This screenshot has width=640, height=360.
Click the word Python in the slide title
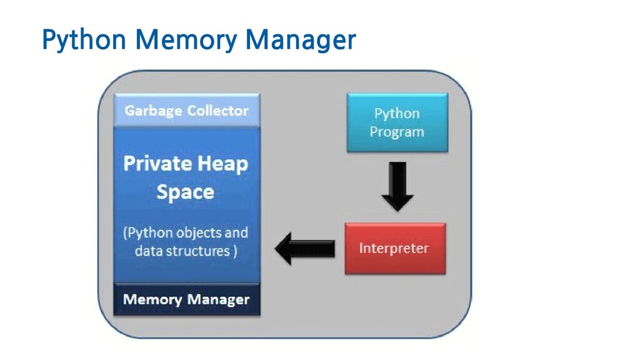[84, 40]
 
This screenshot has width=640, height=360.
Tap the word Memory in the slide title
[186, 40]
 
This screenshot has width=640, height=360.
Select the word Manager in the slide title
[301, 41]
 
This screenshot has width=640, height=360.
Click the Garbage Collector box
[186, 110]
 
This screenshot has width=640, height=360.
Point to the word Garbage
[154, 111]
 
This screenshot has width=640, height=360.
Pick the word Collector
[218, 111]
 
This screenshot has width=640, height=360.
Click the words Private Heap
[186, 164]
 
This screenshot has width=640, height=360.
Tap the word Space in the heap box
[185, 192]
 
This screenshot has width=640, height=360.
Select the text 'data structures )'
[186, 251]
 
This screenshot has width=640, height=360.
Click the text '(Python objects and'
[186, 232]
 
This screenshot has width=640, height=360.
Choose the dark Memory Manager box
[186, 299]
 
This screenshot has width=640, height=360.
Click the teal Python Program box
[397, 122]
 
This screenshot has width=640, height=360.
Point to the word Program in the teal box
[397, 132]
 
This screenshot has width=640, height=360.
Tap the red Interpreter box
[395, 248]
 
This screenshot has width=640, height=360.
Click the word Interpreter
[394, 248]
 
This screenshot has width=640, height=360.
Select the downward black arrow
[397, 186]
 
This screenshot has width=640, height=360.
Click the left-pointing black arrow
[304, 249]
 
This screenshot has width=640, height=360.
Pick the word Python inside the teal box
[397, 114]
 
